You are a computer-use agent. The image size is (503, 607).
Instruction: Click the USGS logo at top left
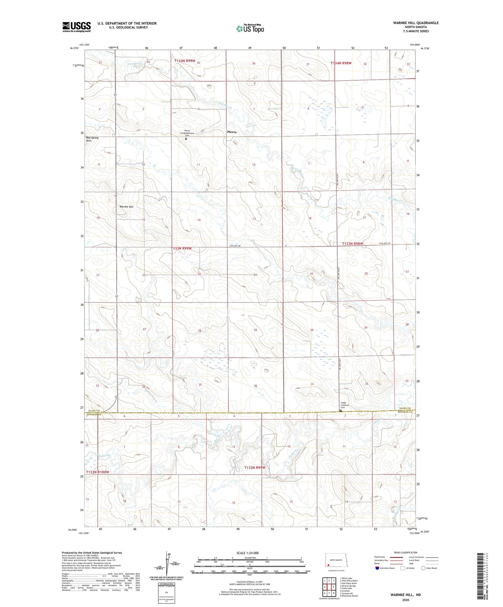(76, 27)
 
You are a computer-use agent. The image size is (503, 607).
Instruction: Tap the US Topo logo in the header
(250, 29)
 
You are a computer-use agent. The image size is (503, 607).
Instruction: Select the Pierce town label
(232, 132)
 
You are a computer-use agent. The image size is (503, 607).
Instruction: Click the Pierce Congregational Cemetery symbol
(186, 139)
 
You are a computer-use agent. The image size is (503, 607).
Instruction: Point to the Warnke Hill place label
(126, 207)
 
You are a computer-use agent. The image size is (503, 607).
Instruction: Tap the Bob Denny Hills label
(92, 139)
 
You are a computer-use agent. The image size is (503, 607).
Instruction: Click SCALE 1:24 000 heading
(247, 553)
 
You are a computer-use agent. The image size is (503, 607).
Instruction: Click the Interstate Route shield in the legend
(378, 568)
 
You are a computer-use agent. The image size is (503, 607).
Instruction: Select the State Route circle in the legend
(423, 568)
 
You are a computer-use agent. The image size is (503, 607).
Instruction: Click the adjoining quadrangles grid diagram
(329, 587)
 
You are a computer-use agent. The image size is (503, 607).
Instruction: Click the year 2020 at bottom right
(406, 600)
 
